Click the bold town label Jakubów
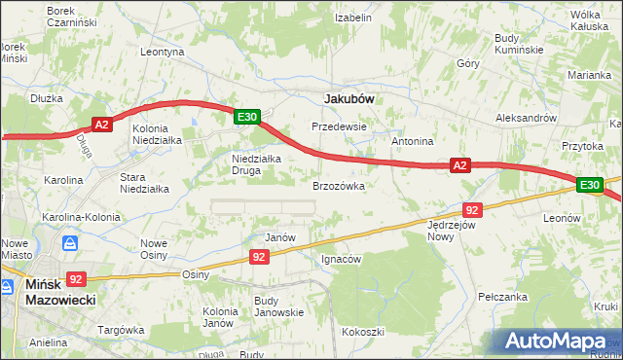(348, 98)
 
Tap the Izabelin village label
(353, 18)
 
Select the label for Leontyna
(163, 52)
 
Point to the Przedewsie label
(338, 126)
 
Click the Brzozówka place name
(338, 185)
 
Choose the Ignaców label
(342, 260)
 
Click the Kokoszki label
(363, 332)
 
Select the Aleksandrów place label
(525, 117)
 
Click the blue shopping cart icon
(70, 243)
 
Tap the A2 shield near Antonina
(461, 166)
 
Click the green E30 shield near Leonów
(589, 185)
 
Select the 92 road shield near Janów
(259, 256)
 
